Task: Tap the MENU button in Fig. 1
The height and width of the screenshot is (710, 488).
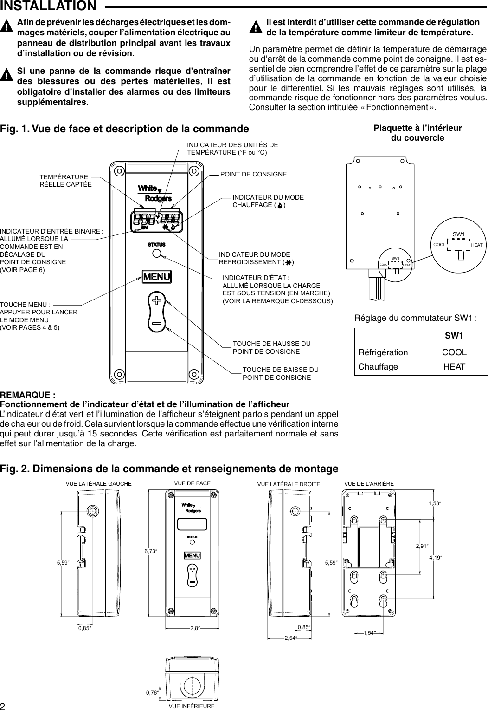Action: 157,277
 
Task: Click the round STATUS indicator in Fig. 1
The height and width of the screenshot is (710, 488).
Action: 157,253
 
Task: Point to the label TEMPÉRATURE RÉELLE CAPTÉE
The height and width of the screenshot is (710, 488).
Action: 65,181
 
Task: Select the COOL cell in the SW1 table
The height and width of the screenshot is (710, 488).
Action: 454,352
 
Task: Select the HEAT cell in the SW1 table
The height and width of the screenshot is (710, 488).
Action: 454,367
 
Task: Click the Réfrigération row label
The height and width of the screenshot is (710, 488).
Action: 383,352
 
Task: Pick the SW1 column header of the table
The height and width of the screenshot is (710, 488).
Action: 454,336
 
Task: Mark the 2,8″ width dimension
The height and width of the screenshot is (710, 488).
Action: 194,628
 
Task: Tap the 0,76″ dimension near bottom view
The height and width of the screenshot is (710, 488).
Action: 152,692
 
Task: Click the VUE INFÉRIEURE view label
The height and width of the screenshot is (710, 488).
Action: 192,706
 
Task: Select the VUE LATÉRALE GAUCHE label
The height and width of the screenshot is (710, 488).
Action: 99,483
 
